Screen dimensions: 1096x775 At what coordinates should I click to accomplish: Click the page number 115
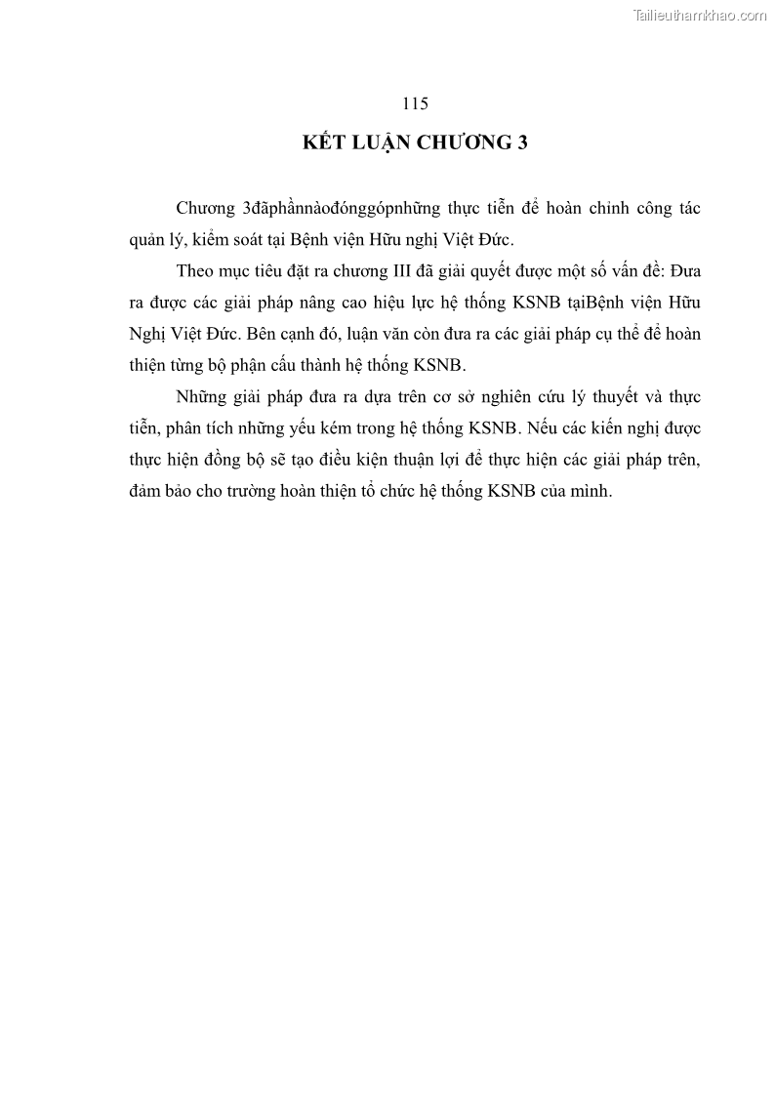[415, 104]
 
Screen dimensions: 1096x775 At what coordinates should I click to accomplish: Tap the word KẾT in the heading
[326, 143]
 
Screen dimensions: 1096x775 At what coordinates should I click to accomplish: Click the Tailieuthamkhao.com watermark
[700, 15]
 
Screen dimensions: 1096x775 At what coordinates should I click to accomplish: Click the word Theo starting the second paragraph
[197, 270]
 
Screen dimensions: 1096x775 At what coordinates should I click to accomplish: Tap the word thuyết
[618, 397]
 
